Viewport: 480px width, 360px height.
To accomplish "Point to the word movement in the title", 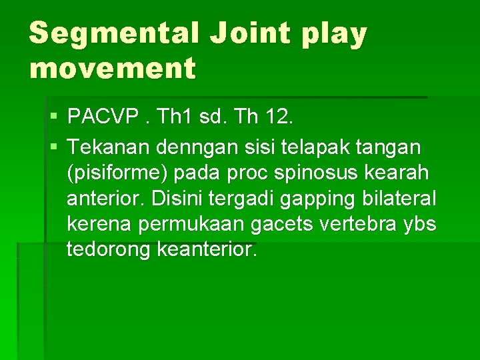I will click(x=113, y=67).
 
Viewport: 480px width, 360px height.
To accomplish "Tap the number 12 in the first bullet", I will click(x=275, y=119).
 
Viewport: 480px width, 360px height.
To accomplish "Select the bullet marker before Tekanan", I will click(x=53, y=145).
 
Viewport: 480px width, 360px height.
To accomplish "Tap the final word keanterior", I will click(x=206, y=251).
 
